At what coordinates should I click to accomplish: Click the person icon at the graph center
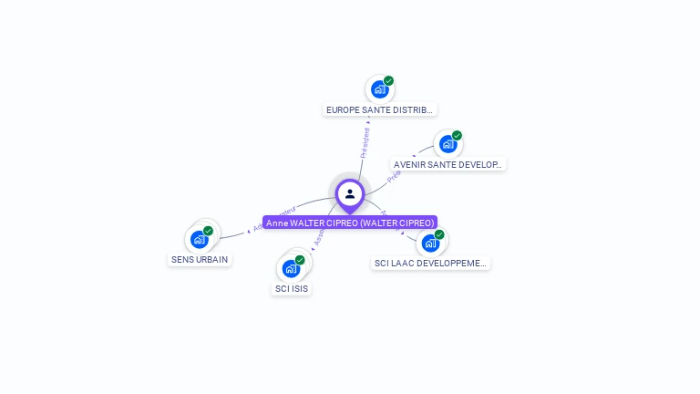click(350, 193)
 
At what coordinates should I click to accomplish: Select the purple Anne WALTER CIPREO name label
click(350, 223)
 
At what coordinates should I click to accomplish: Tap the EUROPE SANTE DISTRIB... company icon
click(379, 89)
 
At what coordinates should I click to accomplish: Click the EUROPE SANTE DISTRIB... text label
click(380, 109)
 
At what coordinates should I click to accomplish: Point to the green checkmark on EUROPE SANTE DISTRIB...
click(389, 81)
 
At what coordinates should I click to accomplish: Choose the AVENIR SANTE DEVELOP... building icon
click(447, 144)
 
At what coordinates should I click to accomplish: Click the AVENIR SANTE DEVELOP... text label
click(448, 164)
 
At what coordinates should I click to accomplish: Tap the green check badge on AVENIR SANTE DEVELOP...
click(457, 136)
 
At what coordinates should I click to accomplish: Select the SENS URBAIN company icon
click(200, 240)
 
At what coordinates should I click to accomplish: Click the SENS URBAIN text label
click(201, 259)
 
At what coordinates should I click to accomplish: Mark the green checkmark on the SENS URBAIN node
click(209, 231)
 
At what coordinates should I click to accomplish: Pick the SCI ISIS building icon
click(291, 268)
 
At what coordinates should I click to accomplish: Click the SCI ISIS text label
click(293, 288)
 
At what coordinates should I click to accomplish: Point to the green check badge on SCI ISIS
click(300, 260)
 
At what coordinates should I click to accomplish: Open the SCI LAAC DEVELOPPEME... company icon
click(429, 244)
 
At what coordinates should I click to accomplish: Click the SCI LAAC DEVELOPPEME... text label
click(431, 264)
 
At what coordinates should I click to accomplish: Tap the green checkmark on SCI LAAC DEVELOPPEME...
click(439, 234)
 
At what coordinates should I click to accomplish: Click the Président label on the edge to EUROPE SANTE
click(365, 142)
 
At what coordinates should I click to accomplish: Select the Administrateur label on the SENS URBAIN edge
click(273, 217)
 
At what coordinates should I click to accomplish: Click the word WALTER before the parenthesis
click(308, 223)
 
